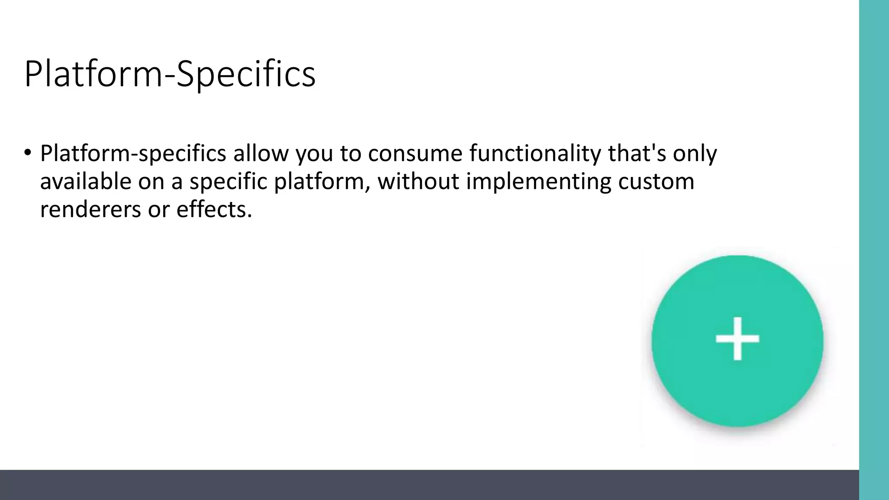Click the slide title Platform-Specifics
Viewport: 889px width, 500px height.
click(170, 74)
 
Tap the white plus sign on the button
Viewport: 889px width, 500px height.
click(737, 339)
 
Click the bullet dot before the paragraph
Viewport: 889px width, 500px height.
click(28, 153)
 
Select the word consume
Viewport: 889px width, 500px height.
click(415, 154)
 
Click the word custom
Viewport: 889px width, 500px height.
click(656, 181)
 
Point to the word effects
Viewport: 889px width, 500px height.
click(214, 210)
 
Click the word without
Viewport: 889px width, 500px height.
click(418, 181)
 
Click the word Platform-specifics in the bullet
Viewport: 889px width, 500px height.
click(133, 154)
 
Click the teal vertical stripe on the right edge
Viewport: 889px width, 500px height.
click(874, 250)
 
